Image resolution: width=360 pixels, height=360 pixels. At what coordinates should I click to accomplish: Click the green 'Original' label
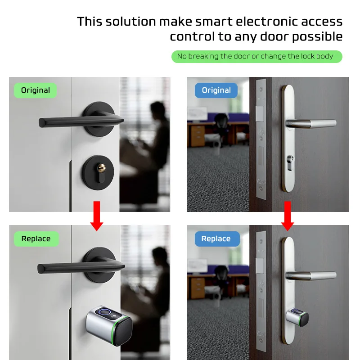[36, 90]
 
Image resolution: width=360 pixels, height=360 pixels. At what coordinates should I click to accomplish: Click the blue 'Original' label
[216, 90]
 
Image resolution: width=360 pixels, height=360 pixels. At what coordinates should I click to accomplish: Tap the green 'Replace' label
[36, 239]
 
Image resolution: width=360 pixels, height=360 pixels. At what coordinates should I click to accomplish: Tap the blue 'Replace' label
[216, 239]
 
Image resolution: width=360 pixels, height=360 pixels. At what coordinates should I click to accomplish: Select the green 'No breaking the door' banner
[256, 56]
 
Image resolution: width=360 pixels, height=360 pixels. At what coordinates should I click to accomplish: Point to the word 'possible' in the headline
[317, 36]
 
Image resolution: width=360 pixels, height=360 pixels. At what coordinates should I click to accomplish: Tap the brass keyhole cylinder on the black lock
[102, 169]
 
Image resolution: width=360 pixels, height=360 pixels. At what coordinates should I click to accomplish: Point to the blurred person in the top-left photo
[155, 135]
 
